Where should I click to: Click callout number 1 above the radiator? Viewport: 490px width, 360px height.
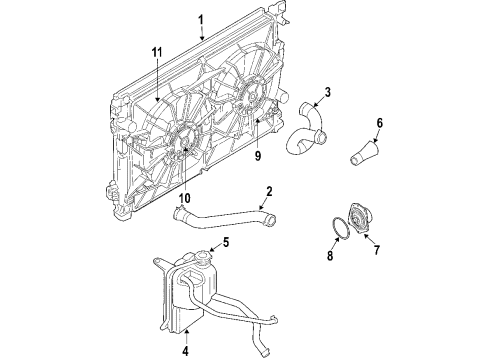201,19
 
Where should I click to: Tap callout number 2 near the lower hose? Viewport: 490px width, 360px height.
269,192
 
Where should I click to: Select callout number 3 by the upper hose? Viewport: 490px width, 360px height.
326,94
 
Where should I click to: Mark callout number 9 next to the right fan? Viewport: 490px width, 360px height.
257,154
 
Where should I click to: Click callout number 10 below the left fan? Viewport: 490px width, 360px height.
183,198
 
